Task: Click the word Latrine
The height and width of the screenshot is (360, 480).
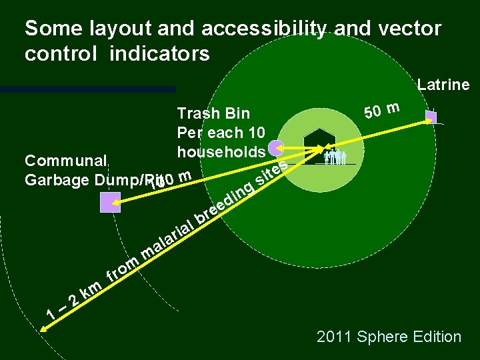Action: tap(443, 85)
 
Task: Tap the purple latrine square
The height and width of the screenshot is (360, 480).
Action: tap(431, 117)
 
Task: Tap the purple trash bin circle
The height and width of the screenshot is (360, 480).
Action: tap(275, 148)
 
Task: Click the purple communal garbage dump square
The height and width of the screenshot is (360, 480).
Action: tap(110, 202)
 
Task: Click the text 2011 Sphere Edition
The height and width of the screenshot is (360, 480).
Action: tap(389, 337)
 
